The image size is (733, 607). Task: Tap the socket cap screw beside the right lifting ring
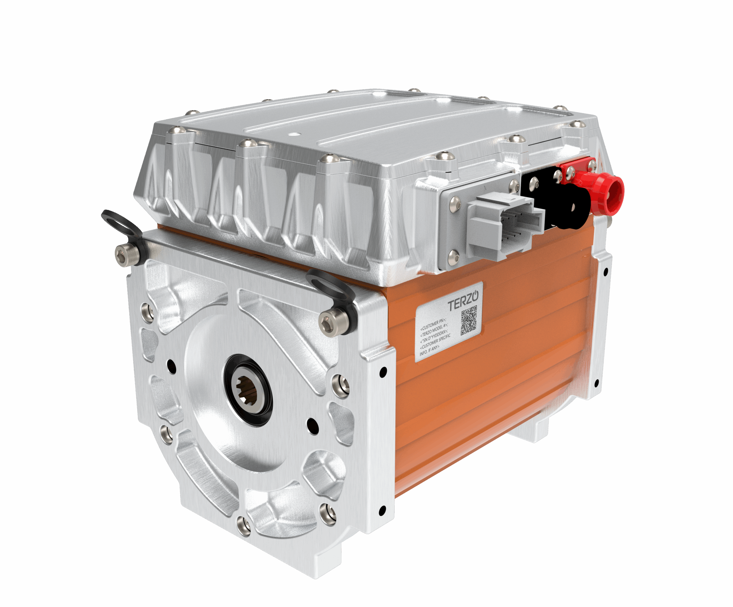[330, 323]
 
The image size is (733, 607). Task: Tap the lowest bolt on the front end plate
[243, 525]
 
